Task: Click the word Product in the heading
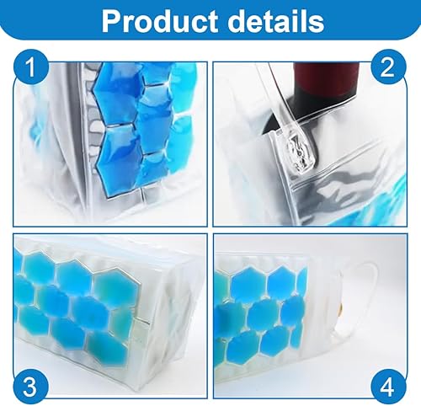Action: point(160,20)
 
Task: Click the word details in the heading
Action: point(276,20)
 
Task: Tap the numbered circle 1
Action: point(30,67)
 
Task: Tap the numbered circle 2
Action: point(388,67)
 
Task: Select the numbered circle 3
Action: point(30,387)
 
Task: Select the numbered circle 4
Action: point(388,387)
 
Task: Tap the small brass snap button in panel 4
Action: point(339,310)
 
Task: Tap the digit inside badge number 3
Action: point(30,387)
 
